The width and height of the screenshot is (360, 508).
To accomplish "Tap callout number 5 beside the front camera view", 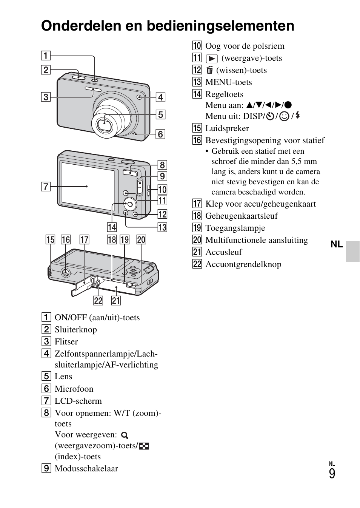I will click(x=160, y=114).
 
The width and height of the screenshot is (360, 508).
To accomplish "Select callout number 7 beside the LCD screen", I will click(x=46, y=186).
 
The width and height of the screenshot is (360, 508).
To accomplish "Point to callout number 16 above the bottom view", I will click(x=66, y=239).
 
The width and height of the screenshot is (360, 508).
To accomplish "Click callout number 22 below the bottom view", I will click(x=98, y=300).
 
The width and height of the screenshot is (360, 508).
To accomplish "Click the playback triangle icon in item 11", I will click(x=212, y=59).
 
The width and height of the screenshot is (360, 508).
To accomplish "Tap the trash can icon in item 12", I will click(x=210, y=70).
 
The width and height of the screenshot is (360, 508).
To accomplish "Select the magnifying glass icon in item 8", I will click(x=125, y=435).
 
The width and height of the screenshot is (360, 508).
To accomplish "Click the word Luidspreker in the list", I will click(x=227, y=128).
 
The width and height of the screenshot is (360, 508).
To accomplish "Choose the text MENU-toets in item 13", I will click(x=228, y=82).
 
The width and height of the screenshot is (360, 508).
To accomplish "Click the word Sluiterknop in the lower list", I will click(x=75, y=329).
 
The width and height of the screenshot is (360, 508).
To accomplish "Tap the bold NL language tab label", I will click(x=337, y=244).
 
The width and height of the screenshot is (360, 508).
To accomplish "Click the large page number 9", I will click(x=332, y=474).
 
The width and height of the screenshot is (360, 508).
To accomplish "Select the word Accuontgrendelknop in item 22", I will click(x=243, y=264).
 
